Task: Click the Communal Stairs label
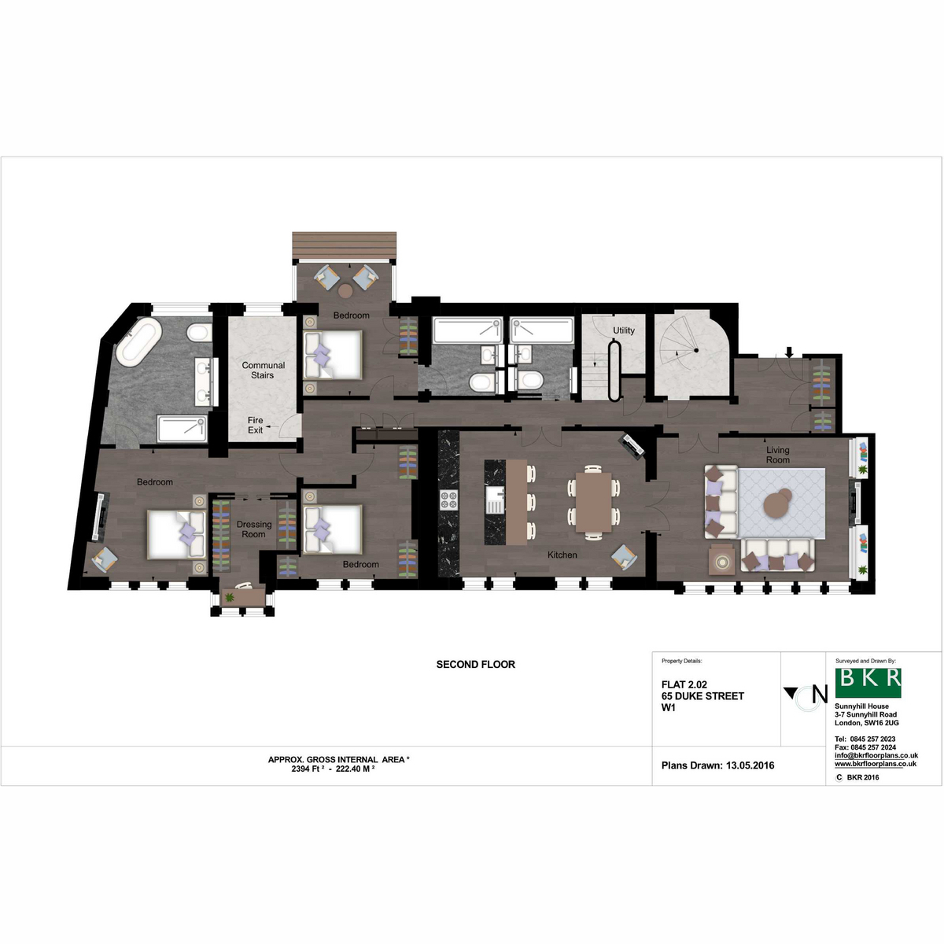[x=263, y=370]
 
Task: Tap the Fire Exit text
[x=255, y=425]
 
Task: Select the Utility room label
[x=624, y=330]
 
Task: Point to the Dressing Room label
[x=254, y=529]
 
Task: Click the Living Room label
[x=778, y=455]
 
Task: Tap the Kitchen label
[x=562, y=555]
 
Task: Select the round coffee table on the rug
[x=777, y=502]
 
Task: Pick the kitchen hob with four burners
[x=448, y=500]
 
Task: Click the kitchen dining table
[x=593, y=502]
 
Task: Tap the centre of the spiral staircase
[x=695, y=350]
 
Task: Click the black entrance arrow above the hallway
[x=789, y=352]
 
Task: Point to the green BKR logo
[x=868, y=682]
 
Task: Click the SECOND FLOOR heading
[x=476, y=664]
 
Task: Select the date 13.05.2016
[x=750, y=765]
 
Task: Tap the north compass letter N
[x=820, y=694]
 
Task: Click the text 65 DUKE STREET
[x=702, y=696]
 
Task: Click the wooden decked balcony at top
[x=344, y=245]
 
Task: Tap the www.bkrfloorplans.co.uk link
[x=876, y=764]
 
